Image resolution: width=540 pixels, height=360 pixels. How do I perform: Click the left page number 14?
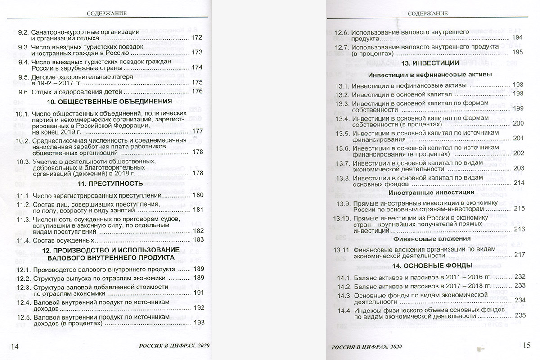click(14, 346)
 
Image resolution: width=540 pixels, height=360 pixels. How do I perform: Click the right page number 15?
click(526, 346)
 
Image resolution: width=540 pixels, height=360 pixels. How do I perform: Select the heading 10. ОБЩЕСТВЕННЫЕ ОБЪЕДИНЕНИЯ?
click(109, 102)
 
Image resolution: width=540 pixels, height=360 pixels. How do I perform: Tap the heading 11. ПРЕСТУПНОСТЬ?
click(110, 184)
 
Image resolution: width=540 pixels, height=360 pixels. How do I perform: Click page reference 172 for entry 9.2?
click(198, 38)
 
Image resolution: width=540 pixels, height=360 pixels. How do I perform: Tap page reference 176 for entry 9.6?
click(198, 91)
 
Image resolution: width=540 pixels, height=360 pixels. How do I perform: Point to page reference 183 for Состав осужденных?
click(198, 240)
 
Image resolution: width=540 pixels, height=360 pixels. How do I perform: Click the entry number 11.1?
click(22, 196)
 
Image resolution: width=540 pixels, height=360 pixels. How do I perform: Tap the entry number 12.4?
click(22, 302)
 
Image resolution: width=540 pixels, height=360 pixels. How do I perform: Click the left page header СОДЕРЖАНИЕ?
click(107, 13)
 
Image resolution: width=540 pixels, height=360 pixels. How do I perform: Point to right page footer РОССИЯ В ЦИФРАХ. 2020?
click(367, 347)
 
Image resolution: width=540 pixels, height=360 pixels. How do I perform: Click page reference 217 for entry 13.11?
click(519, 255)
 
